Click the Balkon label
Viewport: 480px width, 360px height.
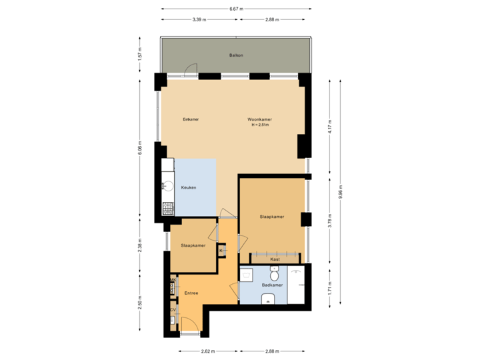[235, 55]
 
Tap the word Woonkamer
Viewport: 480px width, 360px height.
[261, 119]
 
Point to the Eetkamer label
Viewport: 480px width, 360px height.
[191, 119]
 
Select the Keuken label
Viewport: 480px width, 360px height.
[189, 189]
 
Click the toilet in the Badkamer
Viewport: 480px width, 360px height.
[274, 274]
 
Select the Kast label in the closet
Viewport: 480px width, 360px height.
[275, 259]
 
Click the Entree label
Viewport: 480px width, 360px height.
[191, 292]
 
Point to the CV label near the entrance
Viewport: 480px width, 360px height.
[173, 310]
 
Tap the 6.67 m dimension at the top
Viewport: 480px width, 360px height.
[236, 9]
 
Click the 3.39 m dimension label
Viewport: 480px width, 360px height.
[198, 19]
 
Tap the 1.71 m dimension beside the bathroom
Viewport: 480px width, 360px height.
[329, 287]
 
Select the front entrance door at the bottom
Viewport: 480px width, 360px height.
[189, 327]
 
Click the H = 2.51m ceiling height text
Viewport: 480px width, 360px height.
[261, 125]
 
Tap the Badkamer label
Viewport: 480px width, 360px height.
[273, 285]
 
